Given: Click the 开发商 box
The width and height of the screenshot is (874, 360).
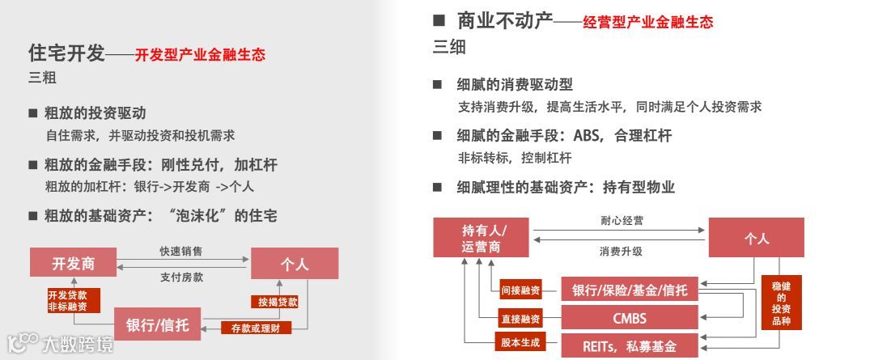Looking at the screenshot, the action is (74, 263).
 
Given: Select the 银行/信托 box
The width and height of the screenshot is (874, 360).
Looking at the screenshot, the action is (157, 325).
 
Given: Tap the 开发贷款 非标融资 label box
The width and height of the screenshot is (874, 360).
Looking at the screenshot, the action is (74, 300).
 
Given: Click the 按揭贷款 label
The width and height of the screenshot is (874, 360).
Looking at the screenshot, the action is (278, 302).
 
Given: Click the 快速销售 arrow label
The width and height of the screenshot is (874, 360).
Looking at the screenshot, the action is (180, 252).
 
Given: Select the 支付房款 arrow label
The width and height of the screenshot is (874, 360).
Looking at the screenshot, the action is (180, 277).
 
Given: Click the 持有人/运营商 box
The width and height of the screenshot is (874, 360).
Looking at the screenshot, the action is (482, 237).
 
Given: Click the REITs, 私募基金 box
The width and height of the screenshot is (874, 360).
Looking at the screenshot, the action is (629, 345).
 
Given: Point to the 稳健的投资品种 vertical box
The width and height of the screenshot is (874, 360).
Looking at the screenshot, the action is (782, 303).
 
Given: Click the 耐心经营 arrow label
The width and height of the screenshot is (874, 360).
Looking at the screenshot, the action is (622, 220).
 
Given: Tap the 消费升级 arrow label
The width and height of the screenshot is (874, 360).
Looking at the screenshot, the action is (622, 251).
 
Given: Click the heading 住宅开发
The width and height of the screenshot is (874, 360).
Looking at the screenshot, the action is (66, 54).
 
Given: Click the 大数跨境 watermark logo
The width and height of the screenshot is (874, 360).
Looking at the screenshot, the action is (61, 345).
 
